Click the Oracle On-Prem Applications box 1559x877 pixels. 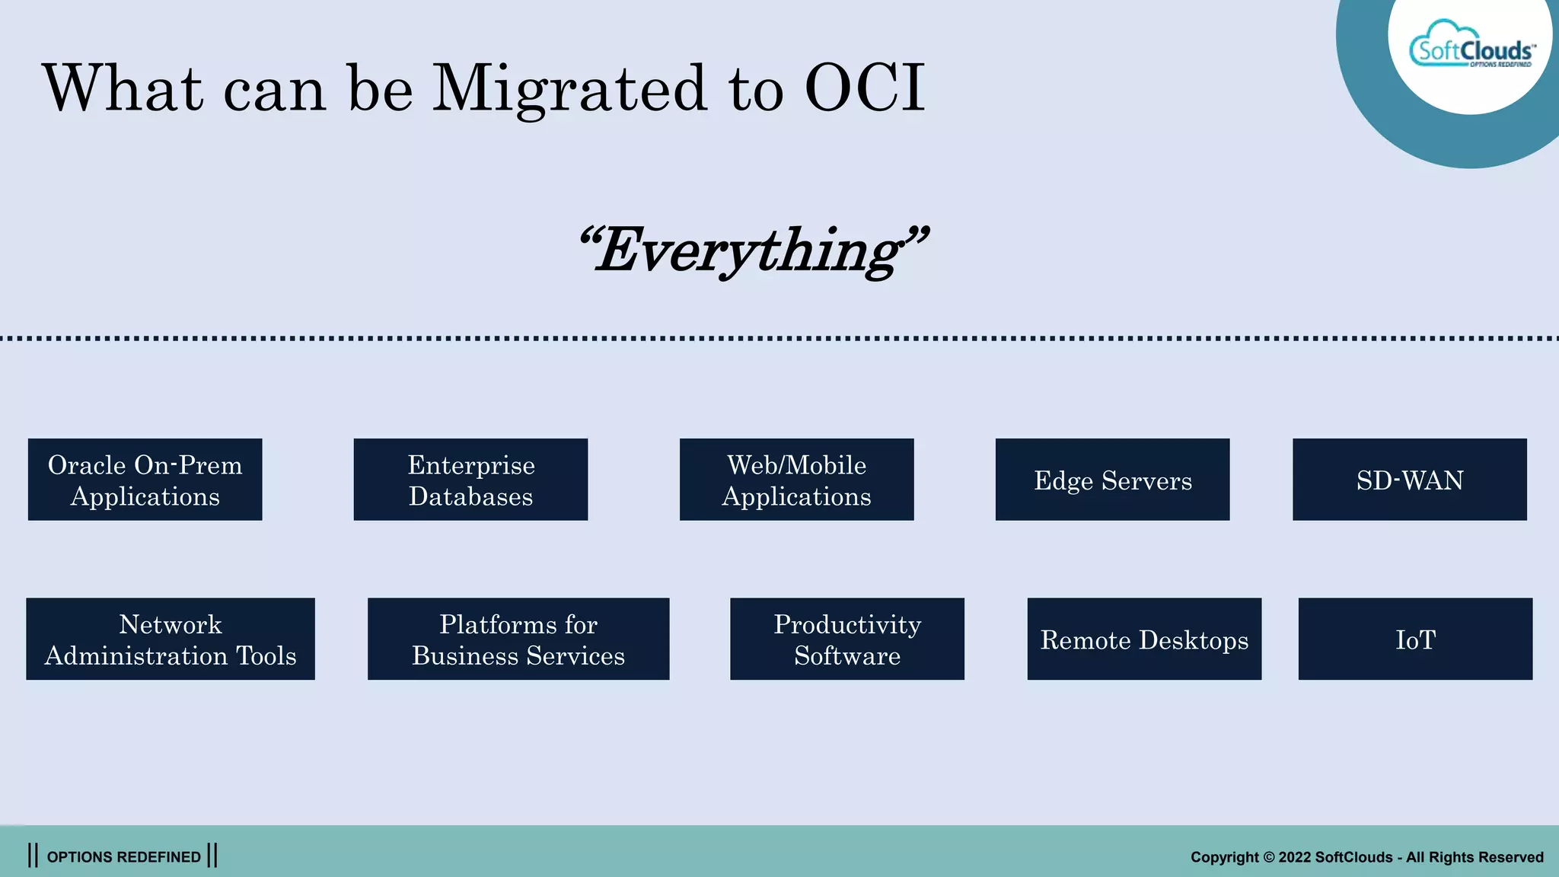point(145,480)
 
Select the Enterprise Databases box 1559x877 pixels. point(470,480)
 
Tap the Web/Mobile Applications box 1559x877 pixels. point(796,480)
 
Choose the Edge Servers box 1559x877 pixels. point(1112,480)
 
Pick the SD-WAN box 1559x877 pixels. point(1409,480)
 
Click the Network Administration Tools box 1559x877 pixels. point(170,639)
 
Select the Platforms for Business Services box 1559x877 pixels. point(518,639)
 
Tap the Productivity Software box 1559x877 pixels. point(846,639)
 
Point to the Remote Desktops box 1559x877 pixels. point(1144,639)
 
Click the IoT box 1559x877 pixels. point(1415,639)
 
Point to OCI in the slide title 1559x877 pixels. point(865,88)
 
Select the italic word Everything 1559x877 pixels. point(754,251)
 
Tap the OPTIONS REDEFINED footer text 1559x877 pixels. point(123,857)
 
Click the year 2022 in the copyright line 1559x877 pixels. point(1294,857)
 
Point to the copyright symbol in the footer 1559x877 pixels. point(1268,857)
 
